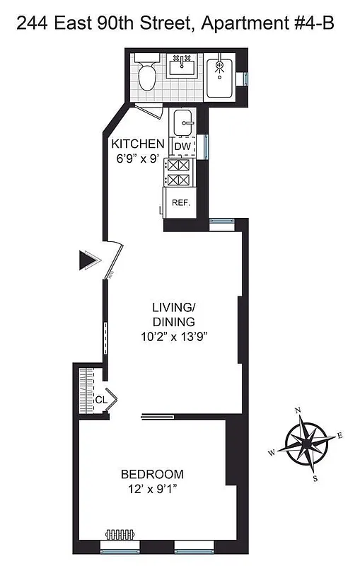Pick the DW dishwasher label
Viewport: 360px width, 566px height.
(182, 146)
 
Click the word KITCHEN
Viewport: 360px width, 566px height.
(138, 144)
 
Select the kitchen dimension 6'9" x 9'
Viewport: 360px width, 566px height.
(137, 159)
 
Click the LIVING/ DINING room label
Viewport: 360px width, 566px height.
(173, 314)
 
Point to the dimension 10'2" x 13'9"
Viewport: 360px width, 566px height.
(173, 337)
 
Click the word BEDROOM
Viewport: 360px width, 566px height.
(152, 474)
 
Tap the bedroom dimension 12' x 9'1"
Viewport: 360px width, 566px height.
(152, 489)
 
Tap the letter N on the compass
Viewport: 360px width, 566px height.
(298, 411)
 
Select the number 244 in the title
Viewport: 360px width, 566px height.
(31, 25)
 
